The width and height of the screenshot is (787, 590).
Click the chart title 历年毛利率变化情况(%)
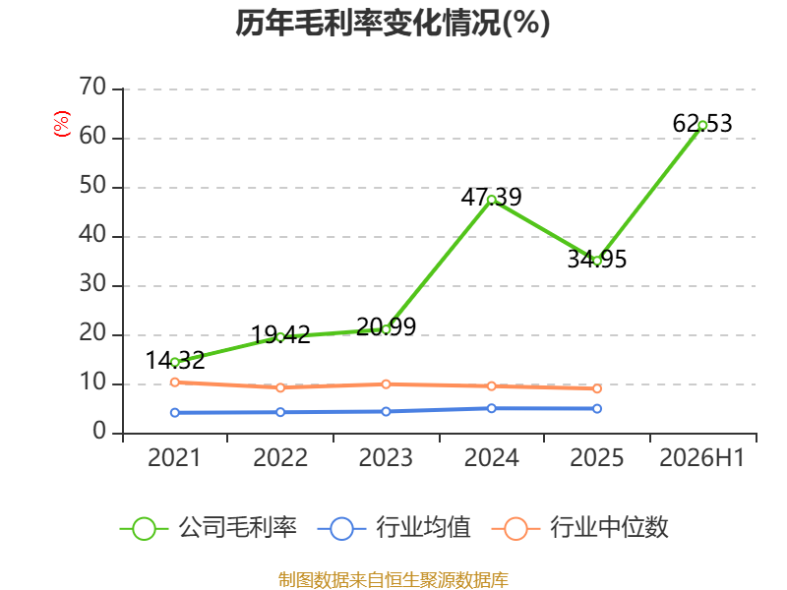(393, 23)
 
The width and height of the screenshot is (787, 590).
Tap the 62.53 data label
(702, 124)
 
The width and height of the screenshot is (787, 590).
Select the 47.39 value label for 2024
(491, 197)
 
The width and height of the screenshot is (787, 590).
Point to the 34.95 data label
(597, 259)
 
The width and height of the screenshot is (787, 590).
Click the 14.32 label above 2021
(175, 360)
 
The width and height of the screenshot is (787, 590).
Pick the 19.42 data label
(280, 334)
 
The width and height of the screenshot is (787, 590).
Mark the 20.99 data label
(386, 327)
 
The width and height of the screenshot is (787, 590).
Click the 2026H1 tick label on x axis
(701, 457)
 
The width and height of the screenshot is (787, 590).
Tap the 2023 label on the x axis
(386, 457)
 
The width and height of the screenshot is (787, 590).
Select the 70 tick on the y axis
(92, 87)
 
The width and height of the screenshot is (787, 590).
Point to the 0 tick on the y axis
(99, 431)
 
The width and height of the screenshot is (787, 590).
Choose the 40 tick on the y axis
(92, 234)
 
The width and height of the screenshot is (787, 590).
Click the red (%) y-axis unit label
(62, 124)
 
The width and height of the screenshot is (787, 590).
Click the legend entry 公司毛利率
(209, 528)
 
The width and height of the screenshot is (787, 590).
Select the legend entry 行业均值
(394, 528)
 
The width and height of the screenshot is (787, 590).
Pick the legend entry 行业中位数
(580, 528)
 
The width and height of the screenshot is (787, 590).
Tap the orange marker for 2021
(175, 383)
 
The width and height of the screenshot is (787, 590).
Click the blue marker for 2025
(597, 409)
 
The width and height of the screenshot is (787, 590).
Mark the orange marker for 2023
(386, 384)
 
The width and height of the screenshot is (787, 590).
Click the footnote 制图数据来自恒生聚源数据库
(393, 580)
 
